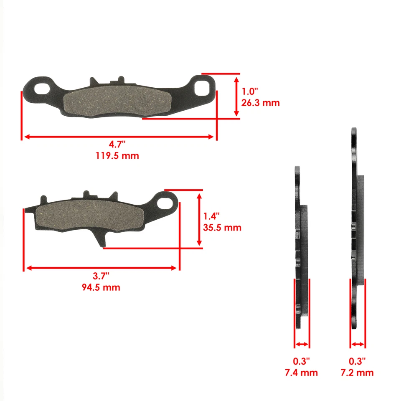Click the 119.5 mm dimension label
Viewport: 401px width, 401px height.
click(117, 155)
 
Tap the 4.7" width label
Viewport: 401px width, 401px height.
click(117, 145)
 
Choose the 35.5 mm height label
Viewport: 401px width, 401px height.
click(222, 228)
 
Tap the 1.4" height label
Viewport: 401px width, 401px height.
click(212, 216)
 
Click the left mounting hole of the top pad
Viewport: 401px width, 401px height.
click(42, 89)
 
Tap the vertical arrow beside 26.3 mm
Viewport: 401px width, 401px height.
click(237, 96)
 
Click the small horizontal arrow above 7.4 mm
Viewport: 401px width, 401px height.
click(302, 345)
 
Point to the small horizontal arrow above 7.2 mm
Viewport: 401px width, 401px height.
click(358, 345)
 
